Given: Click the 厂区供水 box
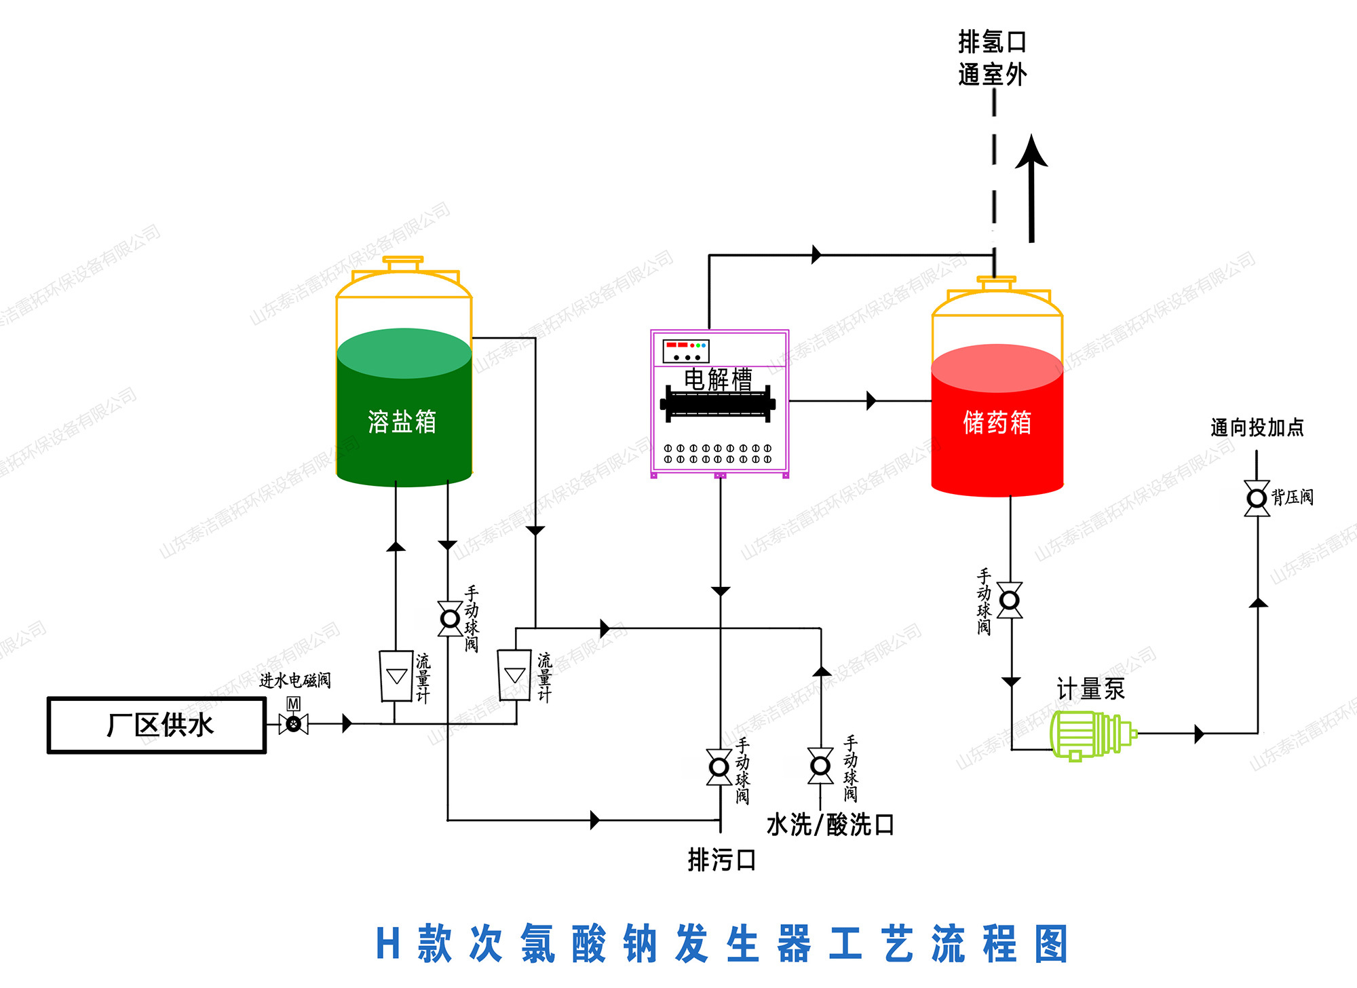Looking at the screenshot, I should click(157, 725).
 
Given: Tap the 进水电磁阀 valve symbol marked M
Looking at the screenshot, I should click(294, 724).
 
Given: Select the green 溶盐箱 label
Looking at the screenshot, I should click(402, 422).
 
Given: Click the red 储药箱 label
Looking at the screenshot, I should click(997, 423).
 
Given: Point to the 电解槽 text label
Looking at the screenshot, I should click(718, 379).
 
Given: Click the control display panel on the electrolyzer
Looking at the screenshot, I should click(686, 351).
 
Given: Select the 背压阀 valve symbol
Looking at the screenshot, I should click(1257, 499).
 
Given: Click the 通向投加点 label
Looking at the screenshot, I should click(1257, 428).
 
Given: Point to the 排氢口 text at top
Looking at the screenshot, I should click(992, 42).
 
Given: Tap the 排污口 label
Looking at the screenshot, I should click(722, 860).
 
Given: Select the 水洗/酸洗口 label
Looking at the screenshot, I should click(830, 825).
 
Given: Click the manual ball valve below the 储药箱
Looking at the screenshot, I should click(1010, 601).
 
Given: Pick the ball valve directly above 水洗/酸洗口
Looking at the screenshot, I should click(820, 766).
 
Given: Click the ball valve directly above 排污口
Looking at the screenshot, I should click(719, 767).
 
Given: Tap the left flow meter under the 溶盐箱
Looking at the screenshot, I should click(396, 676).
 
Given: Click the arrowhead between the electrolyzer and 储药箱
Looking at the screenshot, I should click(872, 401).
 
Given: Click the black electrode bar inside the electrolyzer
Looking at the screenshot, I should click(718, 404).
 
